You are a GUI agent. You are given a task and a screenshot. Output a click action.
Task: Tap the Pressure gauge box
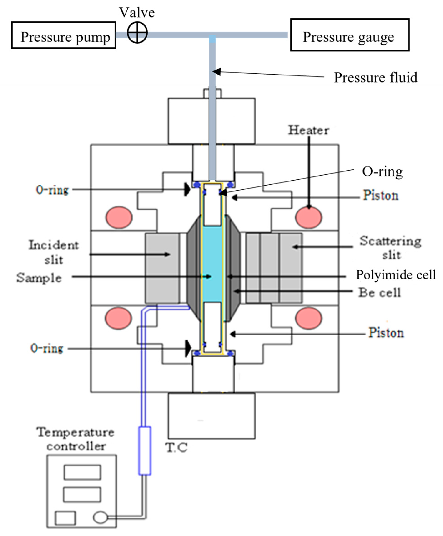pyautogui.click(x=349, y=35)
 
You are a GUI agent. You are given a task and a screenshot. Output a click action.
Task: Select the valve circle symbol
pyautogui.click(x=137, y=33)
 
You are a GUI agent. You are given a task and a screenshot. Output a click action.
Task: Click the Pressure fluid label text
pyautogui.click(x=375, y=78)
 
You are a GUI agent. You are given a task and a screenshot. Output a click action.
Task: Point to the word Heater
pyautogui.click(x=309, y=130)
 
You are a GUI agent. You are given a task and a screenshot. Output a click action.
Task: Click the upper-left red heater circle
pyautogui.click(x=119, y=217)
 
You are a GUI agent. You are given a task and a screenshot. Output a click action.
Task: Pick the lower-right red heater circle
pyautogui.click(x=309, y=318)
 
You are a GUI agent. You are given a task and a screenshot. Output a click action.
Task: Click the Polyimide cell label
pyautogui.click(x=395, y=275)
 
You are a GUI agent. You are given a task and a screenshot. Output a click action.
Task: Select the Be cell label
pyautogui.click(x=380, y=293)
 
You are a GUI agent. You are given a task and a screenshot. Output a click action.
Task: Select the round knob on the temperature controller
pyautogui.click(x=100, y=517)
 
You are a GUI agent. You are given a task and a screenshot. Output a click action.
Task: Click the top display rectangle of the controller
pyautogui.click(x=82, y=472)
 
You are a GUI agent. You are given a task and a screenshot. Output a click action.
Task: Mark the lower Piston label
pyautogui.click(x=386, y=333)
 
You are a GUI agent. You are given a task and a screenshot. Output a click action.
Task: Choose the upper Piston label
pyautogui.click(x=380, y=196)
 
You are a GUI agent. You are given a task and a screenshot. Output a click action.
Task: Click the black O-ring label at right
pyautogui.click(x=382, y=172)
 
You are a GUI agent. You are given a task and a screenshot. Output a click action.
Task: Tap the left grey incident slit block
pyautogui.click(x=162, y=268)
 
